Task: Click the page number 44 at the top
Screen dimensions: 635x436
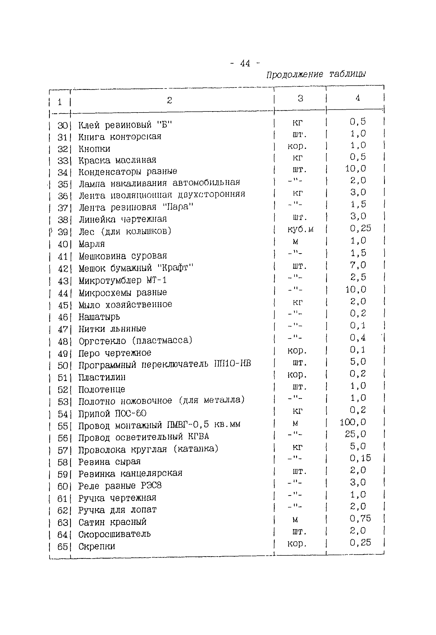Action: [x=245, y=63]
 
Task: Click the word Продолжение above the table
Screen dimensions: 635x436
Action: [x=294, y=75]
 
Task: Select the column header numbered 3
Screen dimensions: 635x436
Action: [x=300, y=98]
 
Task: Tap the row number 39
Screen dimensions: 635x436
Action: [x=62, y=232]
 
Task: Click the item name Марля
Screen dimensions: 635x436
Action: [x=91, y=244]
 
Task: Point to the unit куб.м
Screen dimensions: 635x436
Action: [x=300, y=229]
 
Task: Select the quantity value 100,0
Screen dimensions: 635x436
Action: [x=353, y=422]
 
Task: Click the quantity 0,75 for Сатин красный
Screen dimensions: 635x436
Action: [x=360, y=518]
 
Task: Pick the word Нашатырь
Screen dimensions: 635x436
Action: [x=99, y=317]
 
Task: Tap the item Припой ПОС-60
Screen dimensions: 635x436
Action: [x=112, y=414]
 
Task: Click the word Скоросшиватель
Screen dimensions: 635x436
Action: [x=114, y=534]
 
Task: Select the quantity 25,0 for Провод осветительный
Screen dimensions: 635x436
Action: [x=355, y=434]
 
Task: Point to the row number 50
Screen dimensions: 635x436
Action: [x=62, y=366]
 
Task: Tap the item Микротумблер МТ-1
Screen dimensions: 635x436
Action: [x=123, y=281]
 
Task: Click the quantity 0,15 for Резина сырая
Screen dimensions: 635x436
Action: [x=360, y=458]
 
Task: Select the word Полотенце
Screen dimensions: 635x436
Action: [x=101, y=389]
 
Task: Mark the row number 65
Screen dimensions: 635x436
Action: [x=62, y=546]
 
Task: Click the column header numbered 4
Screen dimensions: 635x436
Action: [x=357, y=98]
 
